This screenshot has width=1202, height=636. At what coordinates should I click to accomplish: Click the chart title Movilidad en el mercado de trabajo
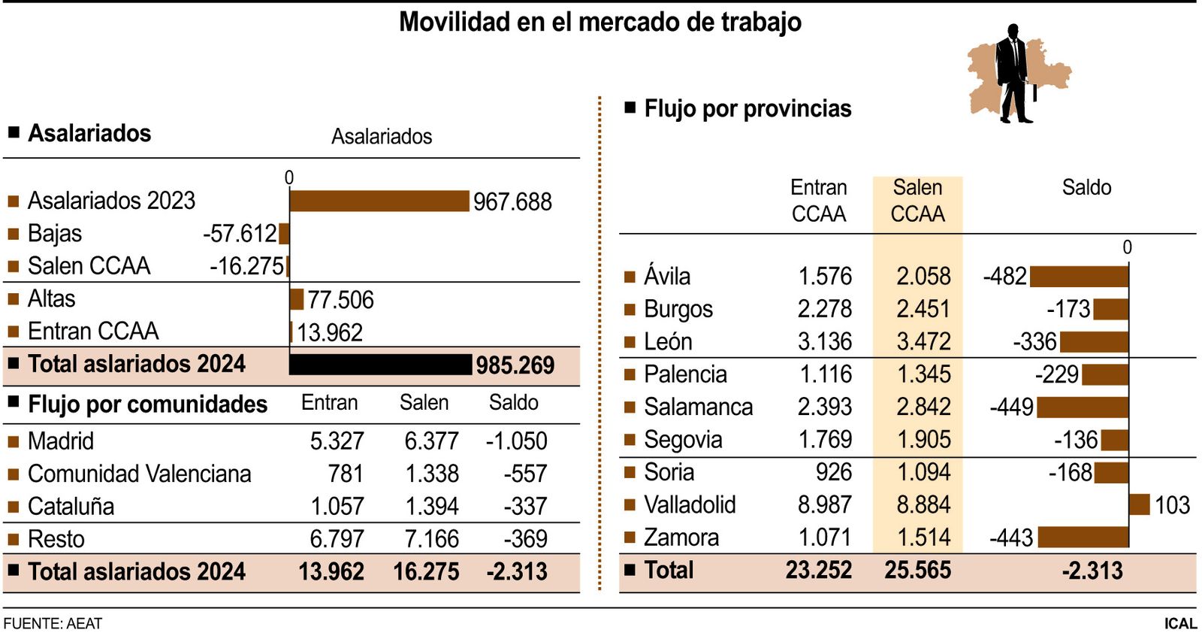coord(599,22)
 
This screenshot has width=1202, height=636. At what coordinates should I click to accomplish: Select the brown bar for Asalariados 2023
coord(379,201)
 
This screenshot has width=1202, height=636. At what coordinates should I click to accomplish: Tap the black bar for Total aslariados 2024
coord(381,365)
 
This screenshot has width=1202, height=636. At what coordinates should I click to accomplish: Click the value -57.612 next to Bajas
coord(240,234)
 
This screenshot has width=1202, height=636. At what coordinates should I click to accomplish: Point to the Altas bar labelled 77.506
coord(297,299)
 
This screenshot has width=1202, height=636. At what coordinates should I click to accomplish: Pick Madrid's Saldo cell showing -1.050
coord(516,441)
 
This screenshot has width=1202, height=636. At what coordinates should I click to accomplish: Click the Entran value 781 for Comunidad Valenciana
coord(346,474)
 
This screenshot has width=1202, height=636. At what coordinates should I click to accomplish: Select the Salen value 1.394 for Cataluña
coord(431,507)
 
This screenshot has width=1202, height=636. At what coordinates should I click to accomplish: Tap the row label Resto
coord(56,539)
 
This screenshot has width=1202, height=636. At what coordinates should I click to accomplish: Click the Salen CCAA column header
coord(917,201)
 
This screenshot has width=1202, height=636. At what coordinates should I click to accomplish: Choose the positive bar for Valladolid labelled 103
coord(1140,504)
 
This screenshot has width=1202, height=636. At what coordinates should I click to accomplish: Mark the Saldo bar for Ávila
coord(1079,277)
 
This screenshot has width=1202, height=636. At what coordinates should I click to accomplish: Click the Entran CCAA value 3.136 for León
coord(824,342)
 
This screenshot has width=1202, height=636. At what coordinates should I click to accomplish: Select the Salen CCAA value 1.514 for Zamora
coord(923,538)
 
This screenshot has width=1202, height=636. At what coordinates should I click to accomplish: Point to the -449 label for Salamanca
coord(1011,407)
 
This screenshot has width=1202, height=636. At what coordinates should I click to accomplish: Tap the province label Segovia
coord(683,440)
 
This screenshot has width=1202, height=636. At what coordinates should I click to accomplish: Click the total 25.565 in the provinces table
coord(917,571)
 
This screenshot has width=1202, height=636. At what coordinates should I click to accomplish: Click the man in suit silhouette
coord(1014,74)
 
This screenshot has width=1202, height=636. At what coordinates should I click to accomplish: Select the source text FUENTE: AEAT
coord(53,623)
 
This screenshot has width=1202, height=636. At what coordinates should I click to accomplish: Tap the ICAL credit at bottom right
coord(1180,623)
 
